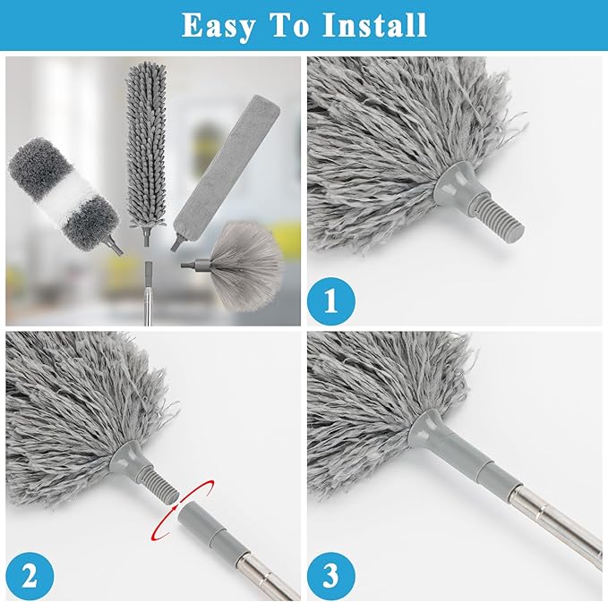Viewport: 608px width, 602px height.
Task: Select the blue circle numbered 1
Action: [x=331, y=301]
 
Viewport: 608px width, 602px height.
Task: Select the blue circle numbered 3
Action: [x=331, y=573]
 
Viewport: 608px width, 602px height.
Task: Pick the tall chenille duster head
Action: [x=148, y=143]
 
